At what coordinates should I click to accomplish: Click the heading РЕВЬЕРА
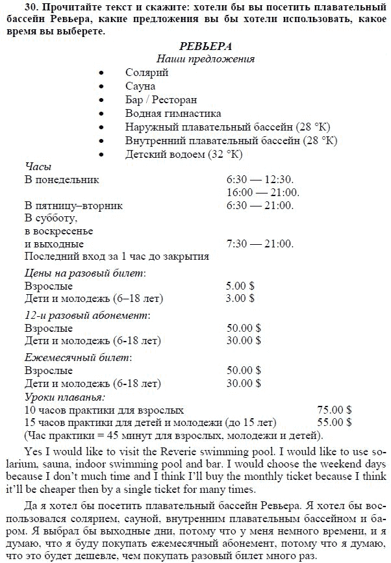click(205, 47)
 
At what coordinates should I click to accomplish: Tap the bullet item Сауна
click(141, 86)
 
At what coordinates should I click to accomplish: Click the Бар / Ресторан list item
click(161, 100)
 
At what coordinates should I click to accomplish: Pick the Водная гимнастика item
click(173, 114)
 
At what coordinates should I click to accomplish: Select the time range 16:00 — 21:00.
click(262, 192)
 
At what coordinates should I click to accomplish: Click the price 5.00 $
click(240, 286)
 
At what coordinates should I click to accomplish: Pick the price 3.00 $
click(240, 299)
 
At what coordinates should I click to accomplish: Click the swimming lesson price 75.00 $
click(334, 410)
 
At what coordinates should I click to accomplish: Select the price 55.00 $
click(334, 422)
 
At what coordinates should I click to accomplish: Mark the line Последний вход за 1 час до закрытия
click(116, 257)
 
